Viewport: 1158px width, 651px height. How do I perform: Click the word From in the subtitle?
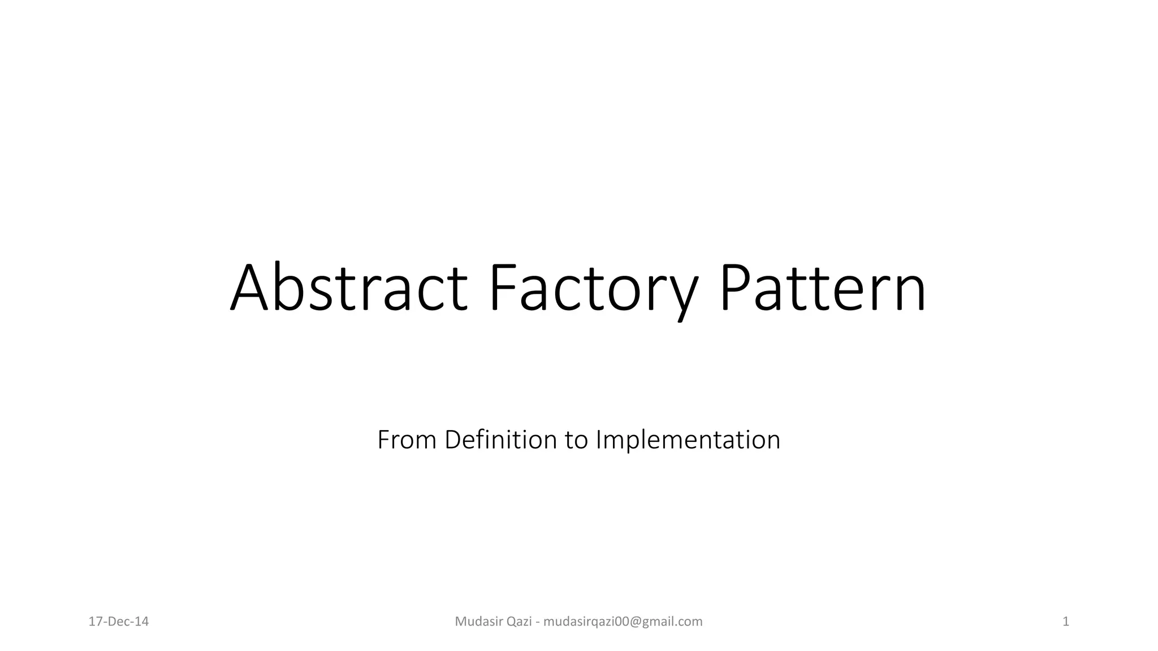(x=407, y=440)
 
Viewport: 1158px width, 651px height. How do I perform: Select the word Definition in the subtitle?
(x=500, y=440)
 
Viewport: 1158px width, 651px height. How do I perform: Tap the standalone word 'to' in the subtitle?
(x=576, y=440)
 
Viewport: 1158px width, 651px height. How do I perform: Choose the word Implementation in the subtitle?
(x=688, y=440)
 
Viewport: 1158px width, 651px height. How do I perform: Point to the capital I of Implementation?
(x=599, y=440)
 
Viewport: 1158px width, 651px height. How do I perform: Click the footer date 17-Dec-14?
(x=119, y=622)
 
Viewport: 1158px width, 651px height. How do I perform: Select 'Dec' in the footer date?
(x=119, y=622)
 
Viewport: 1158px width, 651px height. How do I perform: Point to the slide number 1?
(x=1066, y=622)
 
